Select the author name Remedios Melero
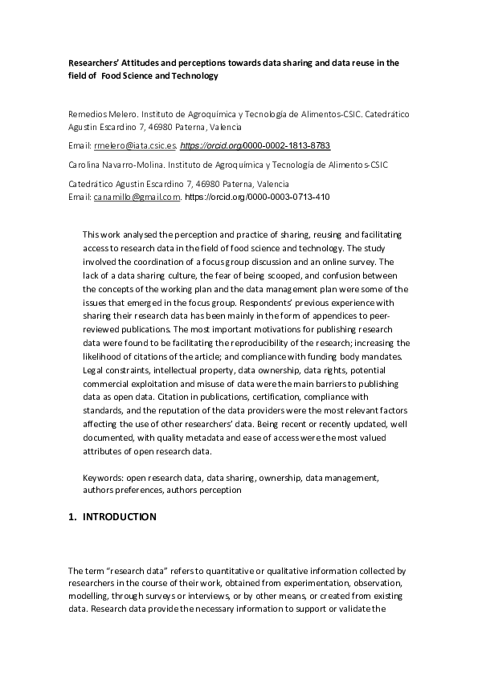(100, 115)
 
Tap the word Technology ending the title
(192, 76)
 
